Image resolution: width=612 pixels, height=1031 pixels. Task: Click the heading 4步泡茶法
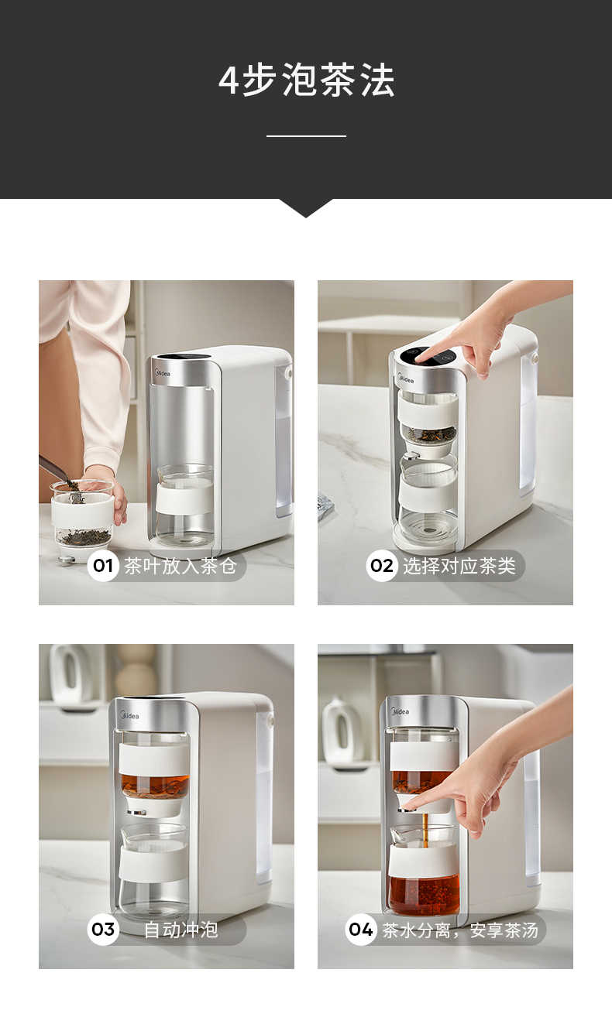pos(306,80)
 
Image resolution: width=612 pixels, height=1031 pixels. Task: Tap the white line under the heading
pos(306,136)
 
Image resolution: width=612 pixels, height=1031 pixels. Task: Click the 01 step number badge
pos(103,566)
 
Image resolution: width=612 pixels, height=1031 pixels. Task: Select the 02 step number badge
pos(382,566)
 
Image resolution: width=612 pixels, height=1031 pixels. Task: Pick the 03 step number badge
pos(103,930)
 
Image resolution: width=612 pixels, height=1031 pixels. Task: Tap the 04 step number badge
pos(361,930)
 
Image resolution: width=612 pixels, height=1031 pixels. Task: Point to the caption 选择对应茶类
pos(459,566)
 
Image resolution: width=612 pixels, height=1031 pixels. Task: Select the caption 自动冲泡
pos(181,930)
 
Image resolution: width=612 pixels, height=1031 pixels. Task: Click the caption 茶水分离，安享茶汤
pos(460,930)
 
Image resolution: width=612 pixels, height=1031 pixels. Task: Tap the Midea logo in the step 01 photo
pos(163,374)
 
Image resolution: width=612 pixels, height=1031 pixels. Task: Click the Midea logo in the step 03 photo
pos(129,716)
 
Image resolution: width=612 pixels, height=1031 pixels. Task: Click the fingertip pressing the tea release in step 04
pos(409,807)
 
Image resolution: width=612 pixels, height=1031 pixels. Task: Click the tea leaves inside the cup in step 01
pos(84,536)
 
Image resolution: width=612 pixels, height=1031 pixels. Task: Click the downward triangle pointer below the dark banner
pos(306,207)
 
